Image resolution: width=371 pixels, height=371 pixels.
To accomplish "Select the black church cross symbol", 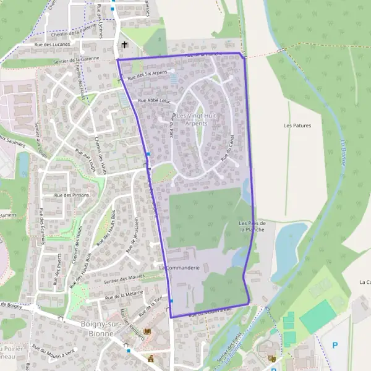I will click(x=126, y=45).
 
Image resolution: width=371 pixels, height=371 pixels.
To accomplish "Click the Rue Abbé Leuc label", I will click(x=154, y=100).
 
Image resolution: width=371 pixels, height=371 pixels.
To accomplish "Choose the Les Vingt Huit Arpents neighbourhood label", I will click(x=197, y=120).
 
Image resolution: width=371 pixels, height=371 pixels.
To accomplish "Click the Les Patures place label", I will click(x=297, y=126).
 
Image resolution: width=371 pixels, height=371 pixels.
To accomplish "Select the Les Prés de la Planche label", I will click(x=252, y=226).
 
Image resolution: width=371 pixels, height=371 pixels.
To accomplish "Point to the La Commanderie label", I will click(x=179, y=268).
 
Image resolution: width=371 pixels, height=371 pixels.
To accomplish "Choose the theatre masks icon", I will click(x=272, y=358).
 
